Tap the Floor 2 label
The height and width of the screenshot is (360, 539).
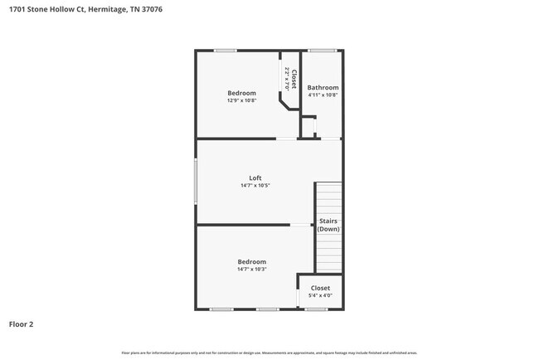[22, 324]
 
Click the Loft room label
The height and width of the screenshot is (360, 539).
[255, 177]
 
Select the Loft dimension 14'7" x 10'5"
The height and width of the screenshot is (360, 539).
[255, 185]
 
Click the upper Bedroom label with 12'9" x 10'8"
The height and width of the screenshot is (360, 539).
[241, 93]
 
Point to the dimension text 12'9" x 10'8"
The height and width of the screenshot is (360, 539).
[241, 100]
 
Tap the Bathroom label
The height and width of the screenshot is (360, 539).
[323, 87]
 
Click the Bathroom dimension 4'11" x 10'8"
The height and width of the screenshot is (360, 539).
[323, 95]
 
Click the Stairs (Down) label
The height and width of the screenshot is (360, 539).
[328, 225]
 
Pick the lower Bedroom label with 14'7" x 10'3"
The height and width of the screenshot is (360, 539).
[251, 261]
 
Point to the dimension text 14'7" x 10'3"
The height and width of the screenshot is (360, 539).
[251, 269]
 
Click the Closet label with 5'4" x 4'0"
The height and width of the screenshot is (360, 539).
[320, 288]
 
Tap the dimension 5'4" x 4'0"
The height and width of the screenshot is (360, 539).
[320, 295]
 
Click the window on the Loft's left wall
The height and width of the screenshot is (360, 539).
[196, 181]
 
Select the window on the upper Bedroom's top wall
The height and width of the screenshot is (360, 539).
[225, 51]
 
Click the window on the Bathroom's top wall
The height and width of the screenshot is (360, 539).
[322, 51]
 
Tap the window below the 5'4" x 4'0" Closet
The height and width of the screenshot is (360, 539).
[315, 309]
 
